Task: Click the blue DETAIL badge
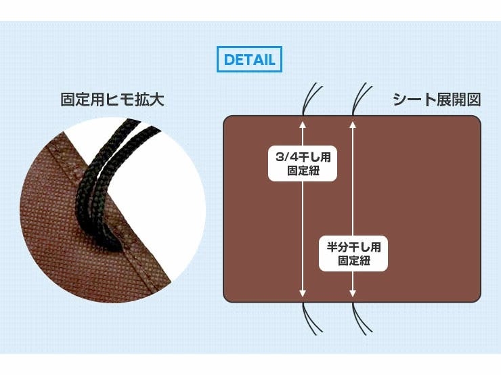click(x=249, y=60)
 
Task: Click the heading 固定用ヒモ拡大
click(x=112, y=100)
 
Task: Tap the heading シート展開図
click(x=437, y=100)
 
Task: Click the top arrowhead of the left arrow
click(x=303, y=125)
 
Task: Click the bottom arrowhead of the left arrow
click(x=303, y=293)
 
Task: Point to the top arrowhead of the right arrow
click(x=353, y=125)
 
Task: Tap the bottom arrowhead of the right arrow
click(x=353, y=293)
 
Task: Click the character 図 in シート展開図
click(x=473, y=100)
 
